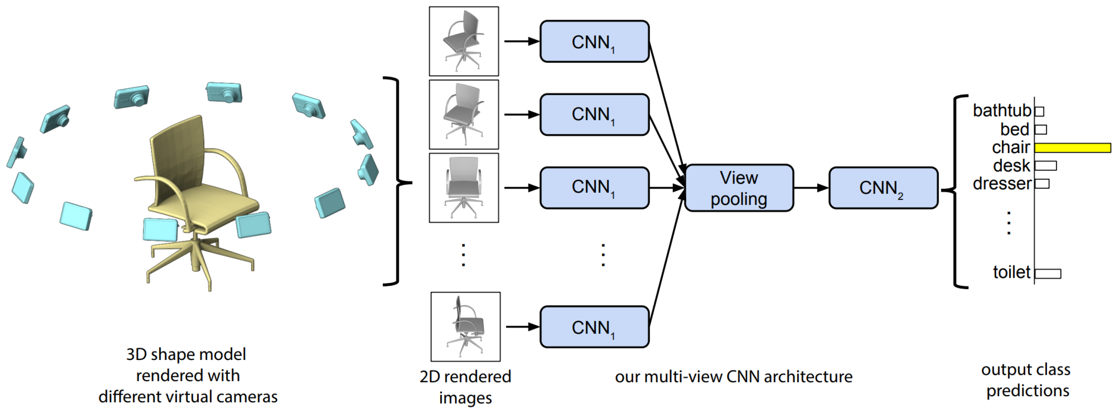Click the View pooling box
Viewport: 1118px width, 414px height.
(x=739, y=188)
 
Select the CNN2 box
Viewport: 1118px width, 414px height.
(x=883, y=188)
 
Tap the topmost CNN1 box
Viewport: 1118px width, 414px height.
(x=594, y=42)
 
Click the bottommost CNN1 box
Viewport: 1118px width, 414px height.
(x=594, y=327)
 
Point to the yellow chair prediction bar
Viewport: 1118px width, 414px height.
(x=1072, y=148)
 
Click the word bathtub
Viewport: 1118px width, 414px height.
(x=1001, y=111)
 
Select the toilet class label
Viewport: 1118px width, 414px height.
(x=1011, y=273)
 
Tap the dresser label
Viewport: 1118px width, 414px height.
(x=1001, y=183)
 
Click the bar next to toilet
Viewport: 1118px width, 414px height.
(x=1048, y=273)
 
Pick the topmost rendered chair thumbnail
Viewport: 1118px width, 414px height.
(x=464, y=41)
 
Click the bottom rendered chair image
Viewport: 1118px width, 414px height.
(x=465, y=327)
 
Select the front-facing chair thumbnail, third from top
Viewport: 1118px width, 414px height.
(x=464, y=188)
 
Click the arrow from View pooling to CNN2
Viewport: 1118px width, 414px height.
(x=811, y=188)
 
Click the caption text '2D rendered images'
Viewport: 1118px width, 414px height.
(x=465, y=387)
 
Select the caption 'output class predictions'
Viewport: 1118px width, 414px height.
(x=1026, y=380)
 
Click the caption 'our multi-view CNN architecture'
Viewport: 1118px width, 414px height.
(x=733, y=376)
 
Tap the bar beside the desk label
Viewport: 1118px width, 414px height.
(x=1045, y=166)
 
